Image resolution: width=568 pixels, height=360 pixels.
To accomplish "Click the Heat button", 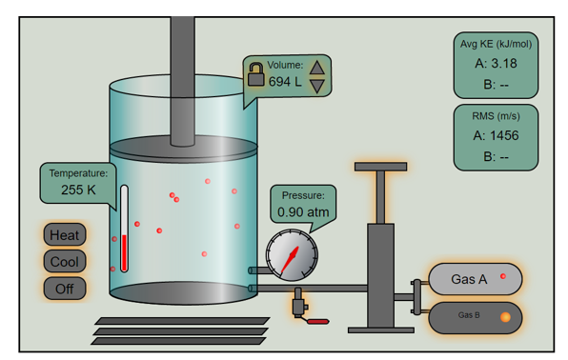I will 65,234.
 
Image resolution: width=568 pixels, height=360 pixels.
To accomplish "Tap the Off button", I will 65,288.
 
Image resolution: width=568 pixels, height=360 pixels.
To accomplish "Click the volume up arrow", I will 317,66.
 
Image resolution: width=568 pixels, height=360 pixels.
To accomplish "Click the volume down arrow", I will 317,85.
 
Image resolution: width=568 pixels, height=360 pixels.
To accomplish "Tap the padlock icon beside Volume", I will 255,74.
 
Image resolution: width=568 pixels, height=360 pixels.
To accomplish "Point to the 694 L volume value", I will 284,82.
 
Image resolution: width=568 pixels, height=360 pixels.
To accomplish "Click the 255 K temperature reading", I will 78,190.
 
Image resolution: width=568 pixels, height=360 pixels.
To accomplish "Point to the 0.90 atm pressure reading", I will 303,211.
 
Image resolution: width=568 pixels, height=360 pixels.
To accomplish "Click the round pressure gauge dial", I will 292,256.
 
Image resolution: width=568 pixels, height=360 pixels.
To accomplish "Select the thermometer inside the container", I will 124,229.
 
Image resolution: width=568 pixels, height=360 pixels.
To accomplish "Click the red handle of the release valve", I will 317,322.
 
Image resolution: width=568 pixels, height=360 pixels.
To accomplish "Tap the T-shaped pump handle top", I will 380,168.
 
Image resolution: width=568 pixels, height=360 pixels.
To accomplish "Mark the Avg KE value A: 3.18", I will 496,64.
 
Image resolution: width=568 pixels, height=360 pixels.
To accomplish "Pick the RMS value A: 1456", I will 496,135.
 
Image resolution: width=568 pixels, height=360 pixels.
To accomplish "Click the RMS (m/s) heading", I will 496,115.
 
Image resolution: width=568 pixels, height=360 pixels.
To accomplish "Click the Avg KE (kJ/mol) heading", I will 496,44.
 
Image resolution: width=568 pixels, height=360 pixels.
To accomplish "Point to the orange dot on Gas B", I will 506,316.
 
